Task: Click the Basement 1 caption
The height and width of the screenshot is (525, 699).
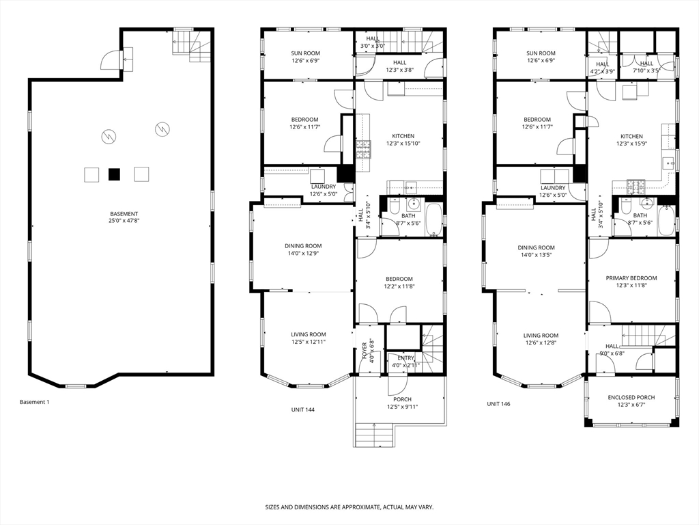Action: click(34, 402)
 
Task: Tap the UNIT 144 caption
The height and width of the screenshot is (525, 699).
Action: click(302, 409)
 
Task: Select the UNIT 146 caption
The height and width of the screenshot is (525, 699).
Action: click(498, 404)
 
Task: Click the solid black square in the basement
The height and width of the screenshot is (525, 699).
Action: click(115, 174)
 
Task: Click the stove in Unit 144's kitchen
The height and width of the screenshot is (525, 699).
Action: click(363, 150)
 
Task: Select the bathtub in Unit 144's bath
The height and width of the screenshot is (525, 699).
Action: click(433, 220)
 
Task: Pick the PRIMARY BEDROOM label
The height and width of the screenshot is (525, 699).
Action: click(631, 278)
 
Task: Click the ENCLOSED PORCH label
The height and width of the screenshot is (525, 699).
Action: click(631, 397)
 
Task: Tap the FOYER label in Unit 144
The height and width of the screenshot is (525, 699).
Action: click(365, 351)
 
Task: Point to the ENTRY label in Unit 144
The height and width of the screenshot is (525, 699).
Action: click(405, 358)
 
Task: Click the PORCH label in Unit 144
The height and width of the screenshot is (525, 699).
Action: click(403, 399)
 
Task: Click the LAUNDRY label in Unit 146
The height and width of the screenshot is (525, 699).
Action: click(553, 188)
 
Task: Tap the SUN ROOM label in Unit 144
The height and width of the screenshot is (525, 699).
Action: click(305, 53)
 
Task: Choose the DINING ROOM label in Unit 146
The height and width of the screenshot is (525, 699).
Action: click(536, 247)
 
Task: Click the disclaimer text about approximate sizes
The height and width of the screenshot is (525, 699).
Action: click(349, 507)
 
